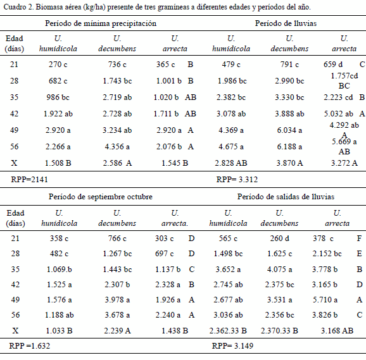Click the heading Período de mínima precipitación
[101, 23]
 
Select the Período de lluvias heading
[286, 23]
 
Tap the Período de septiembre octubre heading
[101, 197]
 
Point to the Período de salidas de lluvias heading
[286, 197]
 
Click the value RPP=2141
[29, 180]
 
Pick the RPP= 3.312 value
[237, 180]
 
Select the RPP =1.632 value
[29, 346]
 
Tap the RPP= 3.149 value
[232, 346]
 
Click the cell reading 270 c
[58, 65]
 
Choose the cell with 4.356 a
[117, 147]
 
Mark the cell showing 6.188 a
[289, 147]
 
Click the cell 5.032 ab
[339, 114]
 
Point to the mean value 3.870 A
[289, 163]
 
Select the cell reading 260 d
[280, 239]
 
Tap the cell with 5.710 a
[325, 300]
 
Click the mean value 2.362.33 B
[228, 331]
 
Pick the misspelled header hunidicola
[60, 223]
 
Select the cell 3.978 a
[117, 300]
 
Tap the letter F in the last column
[359, 239]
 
